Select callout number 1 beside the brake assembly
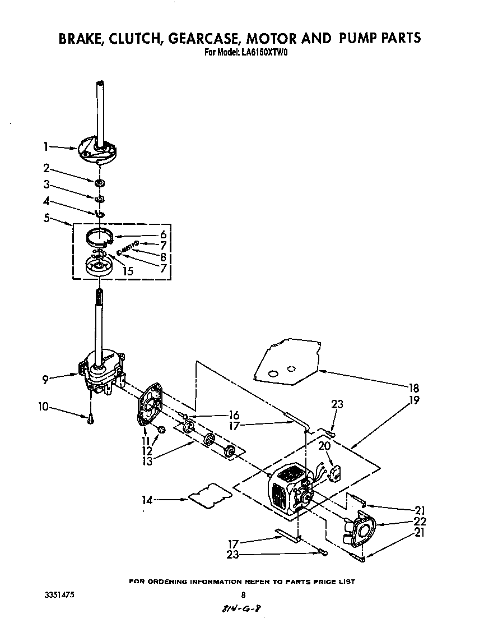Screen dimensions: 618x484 pyautogui.click(x=45, y=146)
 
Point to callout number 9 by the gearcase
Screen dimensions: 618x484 pyautogui.click(x=45, y=380)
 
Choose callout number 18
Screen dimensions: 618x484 pyautogui.click(x=414, y=388)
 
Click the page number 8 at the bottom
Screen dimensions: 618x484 pyautogui.click(x=243, y=595)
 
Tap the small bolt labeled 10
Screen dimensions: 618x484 pyautogui.click(x=90, y=418)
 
